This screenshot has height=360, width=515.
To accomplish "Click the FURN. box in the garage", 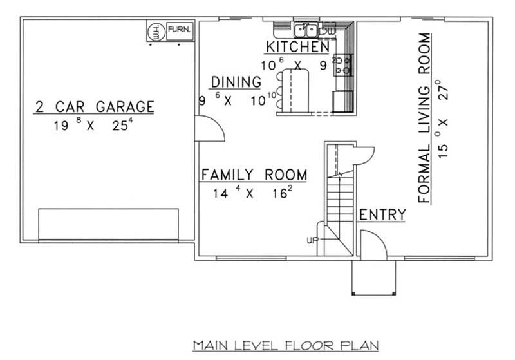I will pos(177,30).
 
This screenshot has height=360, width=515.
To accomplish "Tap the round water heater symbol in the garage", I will pos(156,30).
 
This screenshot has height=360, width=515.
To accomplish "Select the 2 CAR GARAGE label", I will pos(95,106).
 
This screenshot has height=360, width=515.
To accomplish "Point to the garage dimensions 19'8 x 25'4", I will pos(94,126).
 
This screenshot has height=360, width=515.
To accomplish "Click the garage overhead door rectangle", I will pos(108,223).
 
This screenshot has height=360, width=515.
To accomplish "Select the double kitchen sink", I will pos(306,30).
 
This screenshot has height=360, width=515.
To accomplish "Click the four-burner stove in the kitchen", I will pos(342,64).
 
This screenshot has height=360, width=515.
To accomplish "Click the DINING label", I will pos(236,82).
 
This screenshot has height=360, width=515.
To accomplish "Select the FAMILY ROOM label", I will pos(254,175).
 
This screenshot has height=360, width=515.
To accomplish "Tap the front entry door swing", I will pos(371,244).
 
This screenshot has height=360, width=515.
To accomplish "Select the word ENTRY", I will pos(382,215).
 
